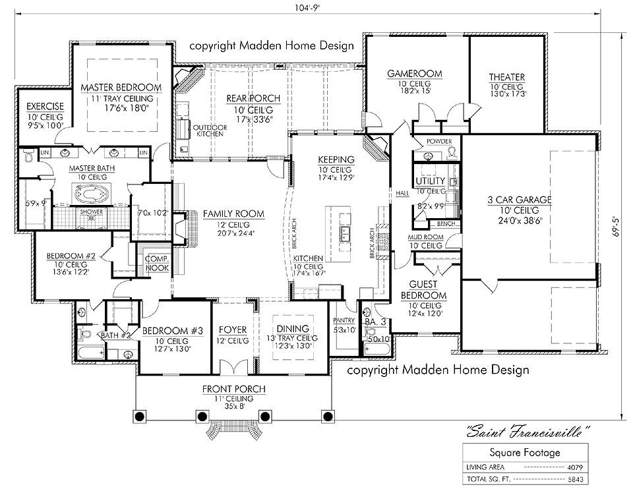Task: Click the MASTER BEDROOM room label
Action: (121, 87)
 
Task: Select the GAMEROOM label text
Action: (414, 74)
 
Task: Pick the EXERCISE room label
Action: (45, 107)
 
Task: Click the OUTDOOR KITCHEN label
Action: (210, 130)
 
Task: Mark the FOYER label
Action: (233, 330)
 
